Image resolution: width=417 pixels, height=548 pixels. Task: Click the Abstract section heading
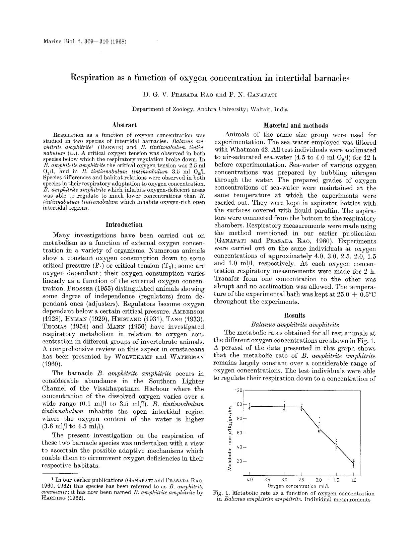[124, 125]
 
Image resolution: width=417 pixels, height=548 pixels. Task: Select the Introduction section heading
[124, 224]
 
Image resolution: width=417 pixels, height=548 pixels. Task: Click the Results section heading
[295, 315]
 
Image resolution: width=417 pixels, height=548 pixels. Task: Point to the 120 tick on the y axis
[238, 390]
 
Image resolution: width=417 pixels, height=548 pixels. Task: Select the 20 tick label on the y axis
[239, 461]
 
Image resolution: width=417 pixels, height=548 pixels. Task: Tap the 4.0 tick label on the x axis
[250, 480]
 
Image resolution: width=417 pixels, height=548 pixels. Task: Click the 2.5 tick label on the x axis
[301, 480]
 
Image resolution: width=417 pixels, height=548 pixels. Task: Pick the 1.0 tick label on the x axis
[353, 480]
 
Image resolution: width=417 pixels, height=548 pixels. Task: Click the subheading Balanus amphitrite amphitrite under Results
[295, 325]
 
